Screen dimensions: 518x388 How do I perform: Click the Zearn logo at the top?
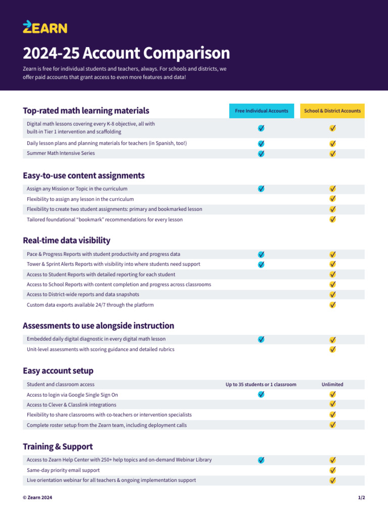point(44,27)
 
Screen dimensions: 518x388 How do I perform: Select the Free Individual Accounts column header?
point(261,111)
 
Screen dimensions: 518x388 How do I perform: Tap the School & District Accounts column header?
point(332,111)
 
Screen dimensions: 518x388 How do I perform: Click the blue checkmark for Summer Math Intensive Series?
point(261,153)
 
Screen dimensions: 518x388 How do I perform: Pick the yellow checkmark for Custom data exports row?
point(333,305)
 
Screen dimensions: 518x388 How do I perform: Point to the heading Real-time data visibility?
point(66,240)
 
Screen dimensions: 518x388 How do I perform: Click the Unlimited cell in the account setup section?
point(332,384)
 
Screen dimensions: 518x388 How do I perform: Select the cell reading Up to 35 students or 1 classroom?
point(261,384)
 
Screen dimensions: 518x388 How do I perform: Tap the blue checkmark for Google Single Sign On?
point(261,395)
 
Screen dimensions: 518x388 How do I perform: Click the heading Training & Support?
point(58,447)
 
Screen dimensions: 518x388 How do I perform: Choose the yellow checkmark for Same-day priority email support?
point(333,470)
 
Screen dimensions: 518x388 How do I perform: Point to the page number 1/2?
point(361,498)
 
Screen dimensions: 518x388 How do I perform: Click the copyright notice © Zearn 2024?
point(37,498)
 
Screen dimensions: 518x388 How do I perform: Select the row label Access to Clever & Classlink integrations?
point(71,405)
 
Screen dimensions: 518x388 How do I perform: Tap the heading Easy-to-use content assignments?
point(83,176)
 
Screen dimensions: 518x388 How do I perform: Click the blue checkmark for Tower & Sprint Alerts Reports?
point(261,264)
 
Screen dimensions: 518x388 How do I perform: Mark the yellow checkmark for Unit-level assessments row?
point(333,349)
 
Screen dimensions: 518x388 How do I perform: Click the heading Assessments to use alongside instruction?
point(98,326)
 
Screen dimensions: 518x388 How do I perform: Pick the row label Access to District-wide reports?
point(83,294)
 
